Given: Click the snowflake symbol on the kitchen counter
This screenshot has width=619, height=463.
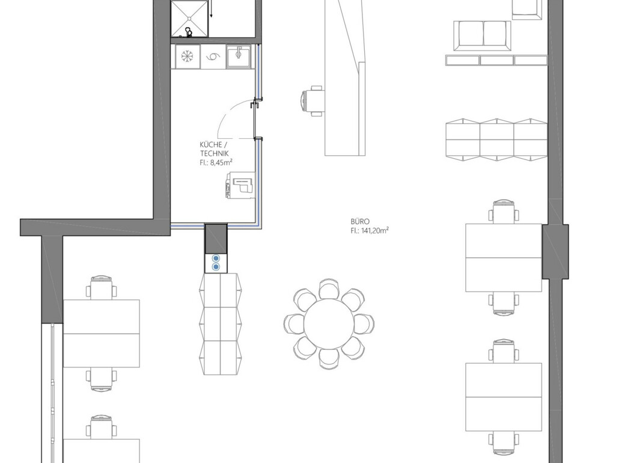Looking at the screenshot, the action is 186,57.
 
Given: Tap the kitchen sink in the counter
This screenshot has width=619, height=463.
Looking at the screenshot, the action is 239,56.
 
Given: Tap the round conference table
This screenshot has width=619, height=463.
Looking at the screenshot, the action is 329,323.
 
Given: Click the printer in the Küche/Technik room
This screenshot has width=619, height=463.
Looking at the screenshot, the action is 240,185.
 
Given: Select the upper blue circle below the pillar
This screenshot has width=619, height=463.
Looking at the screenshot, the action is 216,259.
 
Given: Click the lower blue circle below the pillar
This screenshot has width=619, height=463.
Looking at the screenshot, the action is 216,267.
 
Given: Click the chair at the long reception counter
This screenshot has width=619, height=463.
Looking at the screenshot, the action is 313,101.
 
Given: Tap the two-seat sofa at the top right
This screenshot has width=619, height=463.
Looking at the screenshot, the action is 483,35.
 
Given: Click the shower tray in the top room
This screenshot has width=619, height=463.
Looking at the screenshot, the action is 189,19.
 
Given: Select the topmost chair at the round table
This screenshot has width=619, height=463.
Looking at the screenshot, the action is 329,288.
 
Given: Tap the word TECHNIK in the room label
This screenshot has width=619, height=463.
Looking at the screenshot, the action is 215,153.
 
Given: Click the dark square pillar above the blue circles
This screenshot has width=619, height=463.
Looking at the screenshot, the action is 216,238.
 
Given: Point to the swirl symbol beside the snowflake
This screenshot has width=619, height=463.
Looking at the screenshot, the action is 213,57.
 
